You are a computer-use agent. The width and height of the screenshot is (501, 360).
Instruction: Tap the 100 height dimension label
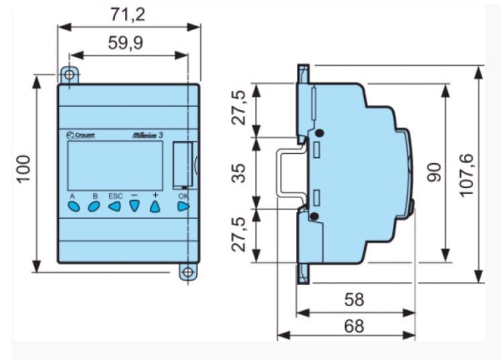coord(24,171)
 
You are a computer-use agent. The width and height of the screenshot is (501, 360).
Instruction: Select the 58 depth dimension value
coord(354,300)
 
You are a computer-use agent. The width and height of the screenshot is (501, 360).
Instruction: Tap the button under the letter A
coord(74,207)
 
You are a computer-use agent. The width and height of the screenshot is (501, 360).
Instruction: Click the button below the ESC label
coord(115,207)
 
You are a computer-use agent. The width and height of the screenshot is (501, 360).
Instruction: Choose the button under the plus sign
coord(155,206)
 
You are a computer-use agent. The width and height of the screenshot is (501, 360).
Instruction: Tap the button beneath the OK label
coord(183,206)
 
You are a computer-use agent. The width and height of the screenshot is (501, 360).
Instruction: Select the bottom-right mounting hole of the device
coord(189,271)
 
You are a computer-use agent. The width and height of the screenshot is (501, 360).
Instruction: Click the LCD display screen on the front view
coord(115,165)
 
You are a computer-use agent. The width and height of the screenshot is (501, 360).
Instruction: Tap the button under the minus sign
coord(135,207)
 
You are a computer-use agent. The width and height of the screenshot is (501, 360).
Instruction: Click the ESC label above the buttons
coord(116,195)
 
